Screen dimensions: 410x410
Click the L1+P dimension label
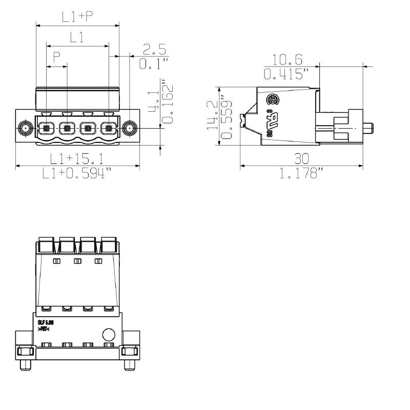tap(77, 16)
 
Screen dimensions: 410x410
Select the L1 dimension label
tap(77, 37)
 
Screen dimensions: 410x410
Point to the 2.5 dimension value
tap(154, 49)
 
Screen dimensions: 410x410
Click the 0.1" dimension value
tap(154, 64)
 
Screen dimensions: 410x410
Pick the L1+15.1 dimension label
tap(77, 158)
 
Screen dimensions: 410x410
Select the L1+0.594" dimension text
tap(77, 174)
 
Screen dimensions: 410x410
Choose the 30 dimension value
tap(301, 158)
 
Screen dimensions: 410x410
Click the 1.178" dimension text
tap(301, 174)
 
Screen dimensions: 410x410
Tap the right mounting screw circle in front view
tap(130, 128)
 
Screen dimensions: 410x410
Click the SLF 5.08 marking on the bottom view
tap(46, 322)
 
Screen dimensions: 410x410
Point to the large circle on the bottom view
tap(109, 335)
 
